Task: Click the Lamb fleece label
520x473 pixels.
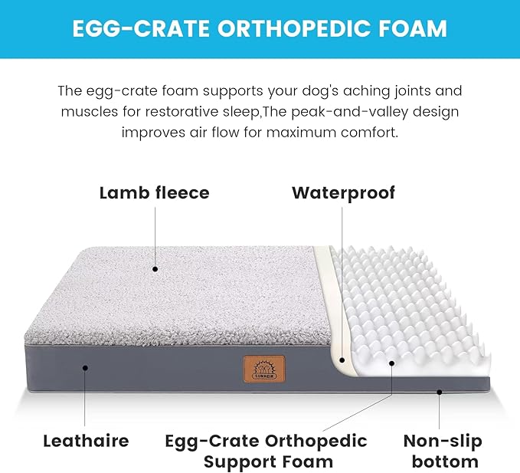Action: [154, 192]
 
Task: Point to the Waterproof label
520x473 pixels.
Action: [343, 192]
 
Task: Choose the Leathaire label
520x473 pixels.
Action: [86, 441]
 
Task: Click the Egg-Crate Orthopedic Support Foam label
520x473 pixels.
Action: [267, 451]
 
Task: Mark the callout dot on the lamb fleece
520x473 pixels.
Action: [155, 269]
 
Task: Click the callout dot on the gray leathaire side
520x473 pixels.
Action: [86, 368]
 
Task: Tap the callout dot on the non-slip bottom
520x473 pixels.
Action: [440, 392]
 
